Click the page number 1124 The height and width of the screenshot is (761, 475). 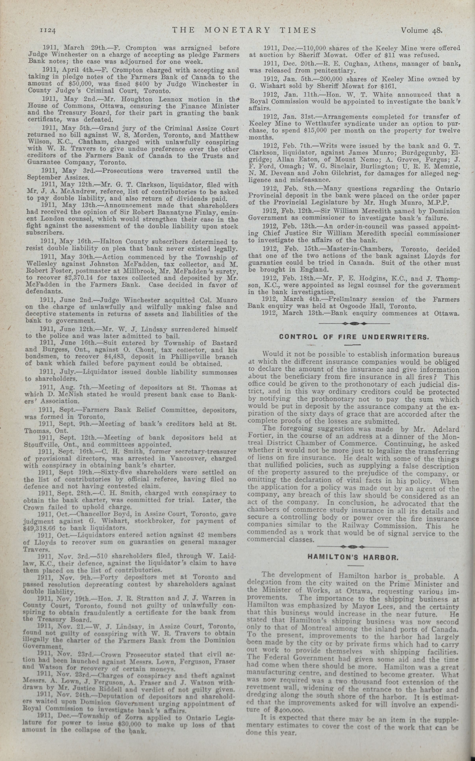pos(48,30)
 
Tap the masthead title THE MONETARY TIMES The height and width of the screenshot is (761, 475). pos(244,30)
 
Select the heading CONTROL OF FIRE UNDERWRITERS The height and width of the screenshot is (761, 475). pos(354,337)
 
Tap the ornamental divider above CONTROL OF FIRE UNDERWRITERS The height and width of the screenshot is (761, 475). pos(354,323)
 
